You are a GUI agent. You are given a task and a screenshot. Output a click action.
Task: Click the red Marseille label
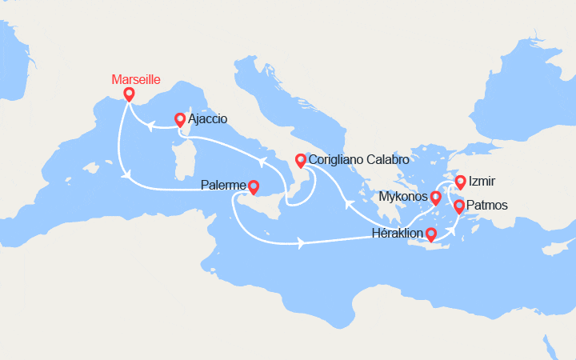click(136, 80)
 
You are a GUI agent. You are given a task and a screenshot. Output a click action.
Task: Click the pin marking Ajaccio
click(180, 120)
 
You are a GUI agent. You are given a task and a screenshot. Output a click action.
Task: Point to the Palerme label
click(222, 186)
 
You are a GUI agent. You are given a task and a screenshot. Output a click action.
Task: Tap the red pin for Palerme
click(253, 187)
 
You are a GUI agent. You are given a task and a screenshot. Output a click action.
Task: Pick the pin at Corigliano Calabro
click(300, 160)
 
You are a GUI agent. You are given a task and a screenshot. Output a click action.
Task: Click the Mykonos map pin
click(435, 197)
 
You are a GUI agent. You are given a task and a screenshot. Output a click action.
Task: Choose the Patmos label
click(487, 206)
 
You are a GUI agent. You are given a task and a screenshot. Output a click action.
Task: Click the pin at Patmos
click(459, 206)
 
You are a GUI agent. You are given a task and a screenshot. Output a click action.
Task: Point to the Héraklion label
click(398, 234)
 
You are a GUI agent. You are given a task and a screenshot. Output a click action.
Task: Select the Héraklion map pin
click(430, 234)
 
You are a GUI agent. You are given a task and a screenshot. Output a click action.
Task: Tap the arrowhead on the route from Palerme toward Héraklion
click(301, 242)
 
